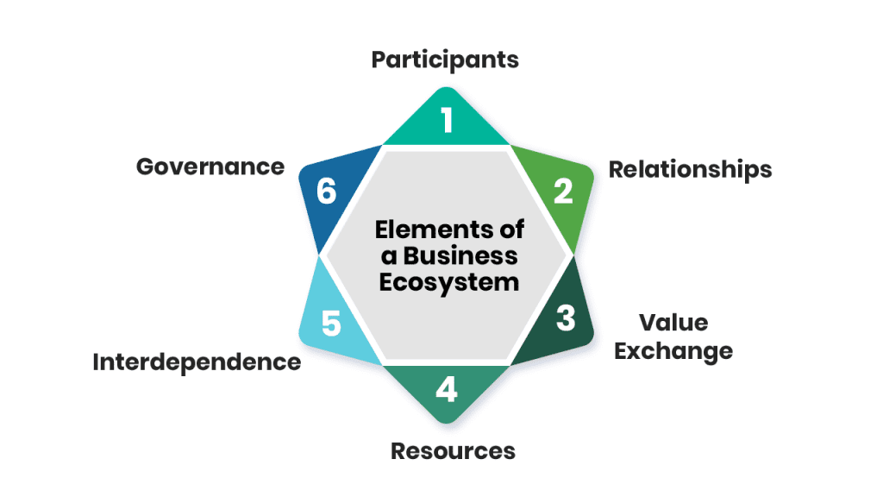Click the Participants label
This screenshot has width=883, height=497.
[445, 60]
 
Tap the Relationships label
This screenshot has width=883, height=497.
[690, 169]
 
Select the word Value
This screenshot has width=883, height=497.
[673, 323]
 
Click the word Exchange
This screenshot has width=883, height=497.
[673, 351]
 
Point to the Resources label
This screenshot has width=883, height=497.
[453, 450]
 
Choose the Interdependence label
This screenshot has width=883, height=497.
[197, 362]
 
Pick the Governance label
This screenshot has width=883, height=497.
[210, 166]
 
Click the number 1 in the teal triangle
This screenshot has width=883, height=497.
[447, 121]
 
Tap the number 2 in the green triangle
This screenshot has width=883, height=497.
[563, 191]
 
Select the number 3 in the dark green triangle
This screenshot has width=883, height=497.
[565, 318]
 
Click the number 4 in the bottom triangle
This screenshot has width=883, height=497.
[446, 390]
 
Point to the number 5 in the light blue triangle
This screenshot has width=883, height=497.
[331, 324]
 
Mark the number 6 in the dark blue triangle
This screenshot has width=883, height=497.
[326, 191]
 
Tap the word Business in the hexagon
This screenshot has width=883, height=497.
[461, 256]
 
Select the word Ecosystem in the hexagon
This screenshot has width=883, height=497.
[449, 282]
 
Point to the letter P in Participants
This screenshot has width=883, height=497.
[379, 60]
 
